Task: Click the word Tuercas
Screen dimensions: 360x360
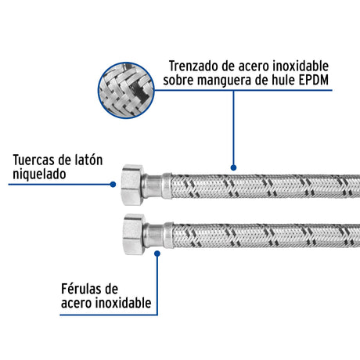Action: coord(38,161)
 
